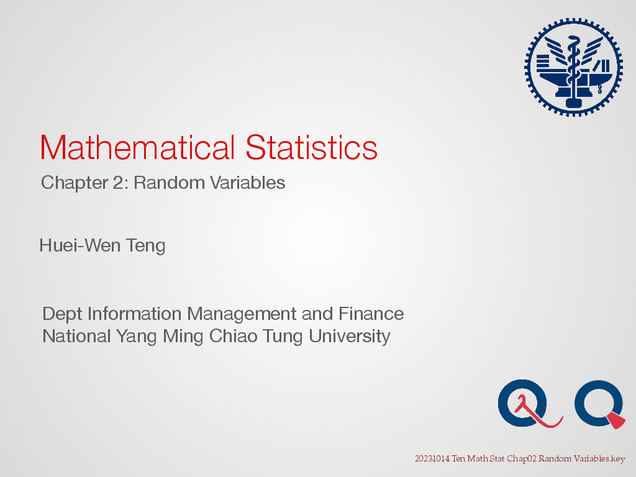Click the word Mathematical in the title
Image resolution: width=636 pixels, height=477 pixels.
click(137, 147)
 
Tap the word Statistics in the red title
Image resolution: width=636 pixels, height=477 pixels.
click(312, 147)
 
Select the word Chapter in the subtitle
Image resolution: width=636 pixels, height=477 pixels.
click(75, 183)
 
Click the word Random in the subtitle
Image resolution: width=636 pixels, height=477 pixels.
click(169, 183)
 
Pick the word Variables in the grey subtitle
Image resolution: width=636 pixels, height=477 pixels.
click(247, 183)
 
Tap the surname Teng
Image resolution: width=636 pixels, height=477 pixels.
click(145, 246)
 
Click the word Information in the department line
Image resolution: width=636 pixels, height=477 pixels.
click(134, 314)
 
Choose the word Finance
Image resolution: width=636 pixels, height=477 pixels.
click(371, 314)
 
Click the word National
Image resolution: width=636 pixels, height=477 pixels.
click(76, 336)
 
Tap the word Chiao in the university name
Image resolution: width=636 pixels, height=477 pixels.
click(234, 336)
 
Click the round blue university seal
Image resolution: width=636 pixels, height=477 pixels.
click(573, 67)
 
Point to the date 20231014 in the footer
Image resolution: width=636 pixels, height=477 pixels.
click(432, 459)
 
